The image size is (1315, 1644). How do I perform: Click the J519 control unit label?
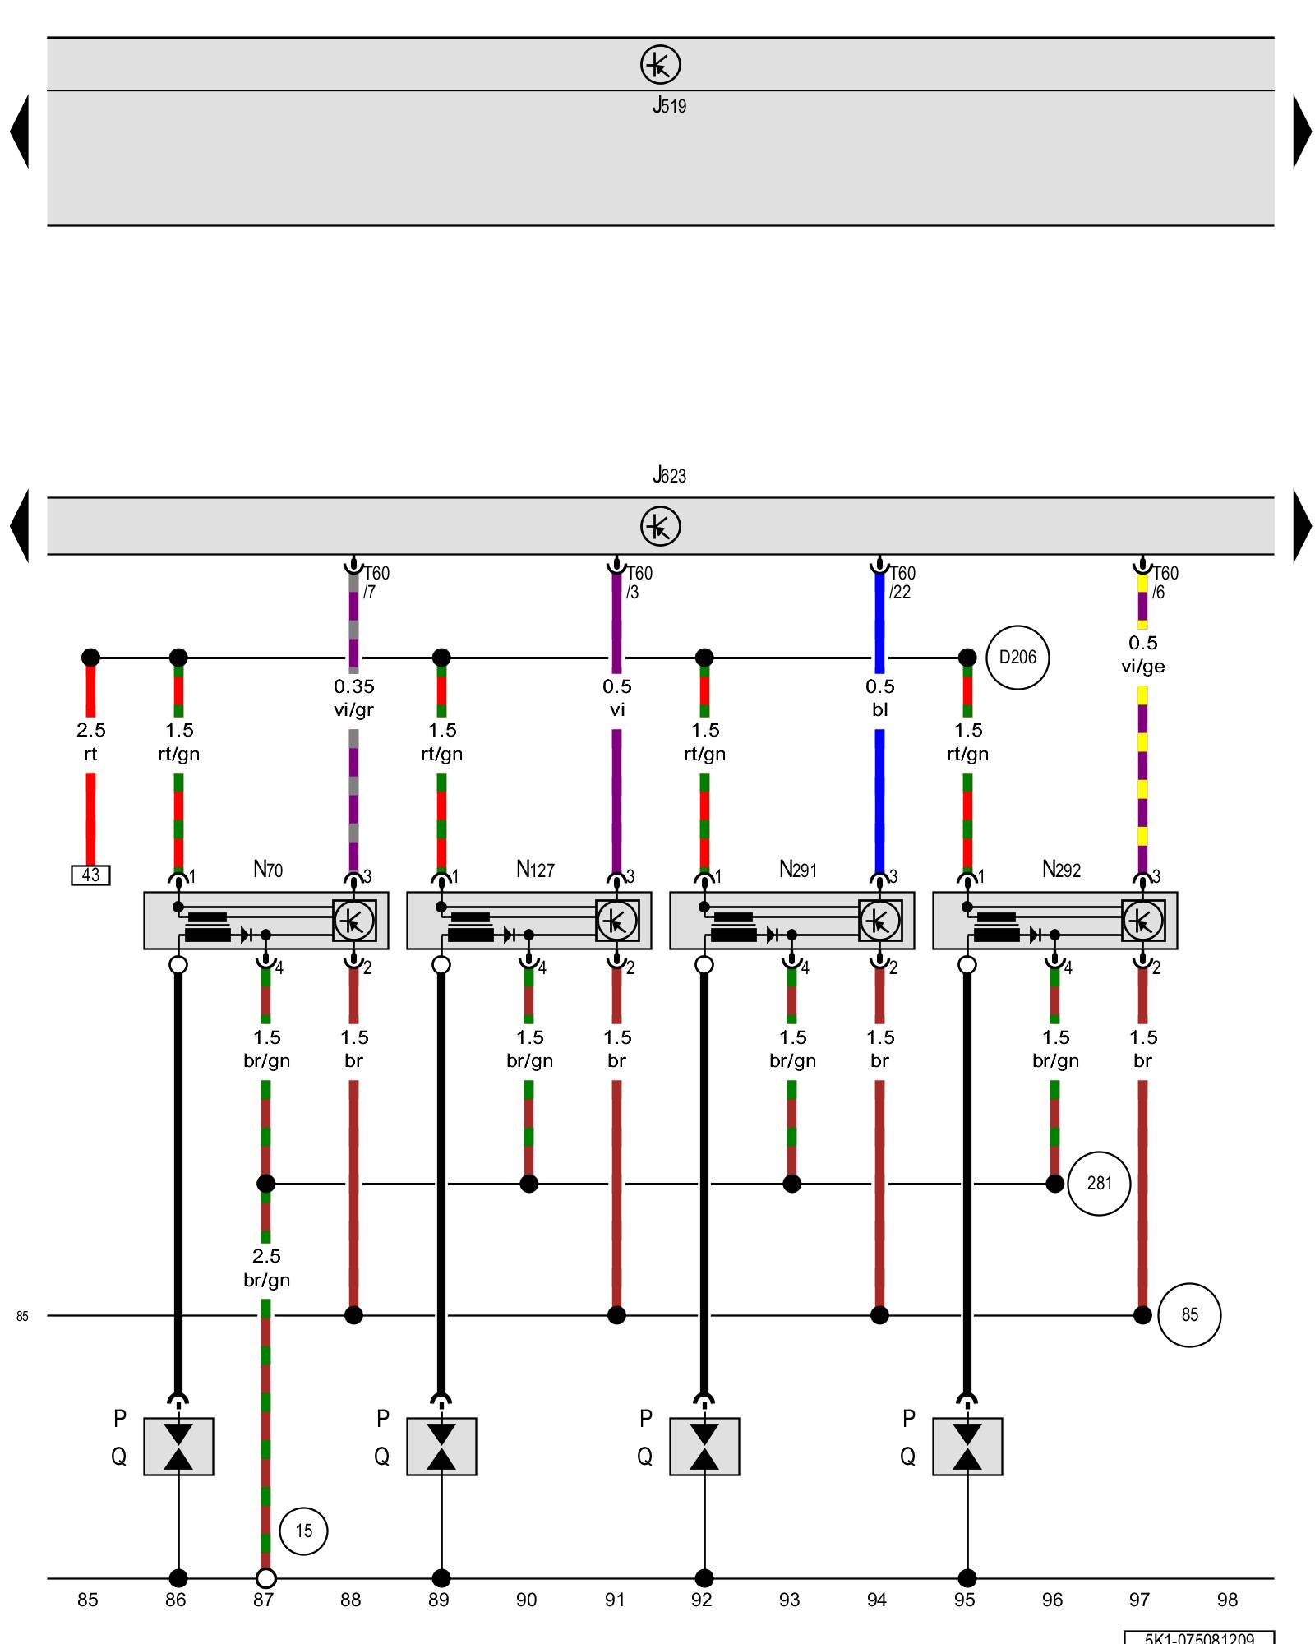(669, 105)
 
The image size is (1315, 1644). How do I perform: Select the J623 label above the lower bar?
(669, 475)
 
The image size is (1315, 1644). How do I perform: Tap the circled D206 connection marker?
(1017, 658)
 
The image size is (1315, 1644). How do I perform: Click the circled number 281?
(1099, 1184)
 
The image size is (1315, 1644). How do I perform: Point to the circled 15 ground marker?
(303, 1531)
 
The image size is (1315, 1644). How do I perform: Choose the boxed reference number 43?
(90, 875)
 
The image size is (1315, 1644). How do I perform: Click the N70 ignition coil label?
(268, 869)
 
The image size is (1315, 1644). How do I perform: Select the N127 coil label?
(535, 869)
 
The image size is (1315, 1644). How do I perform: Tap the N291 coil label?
(798, 869)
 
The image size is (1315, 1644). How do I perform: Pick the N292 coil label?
(1061, 869)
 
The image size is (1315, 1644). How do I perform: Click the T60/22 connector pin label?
(902, 582)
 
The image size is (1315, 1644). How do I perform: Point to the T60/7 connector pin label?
(376, 582)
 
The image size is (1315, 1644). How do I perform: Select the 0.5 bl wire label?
(879, 698)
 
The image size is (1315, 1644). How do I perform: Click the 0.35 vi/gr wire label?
(353, 698)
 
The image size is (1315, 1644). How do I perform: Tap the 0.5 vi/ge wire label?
(1142, 654)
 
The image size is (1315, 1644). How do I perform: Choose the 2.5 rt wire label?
(90, 741)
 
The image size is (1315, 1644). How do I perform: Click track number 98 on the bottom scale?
(1227, 1600)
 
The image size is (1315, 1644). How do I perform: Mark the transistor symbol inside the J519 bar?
(660, 64)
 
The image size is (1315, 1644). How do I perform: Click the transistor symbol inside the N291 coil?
(879, 921)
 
